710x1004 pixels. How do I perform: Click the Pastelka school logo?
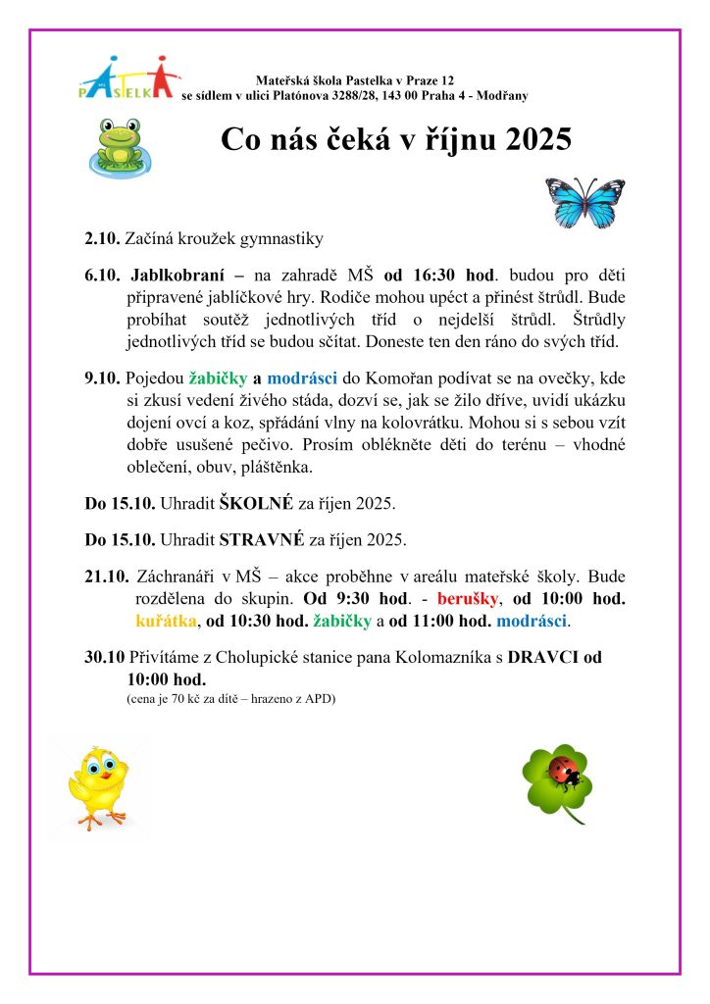coord(127,77)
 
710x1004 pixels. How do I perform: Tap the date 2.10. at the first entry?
coord(102,238)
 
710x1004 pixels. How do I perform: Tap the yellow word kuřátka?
coord(166,621)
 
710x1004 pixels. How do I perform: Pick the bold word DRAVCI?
coord(544,657)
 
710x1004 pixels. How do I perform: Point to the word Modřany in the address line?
coord(502,95)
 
